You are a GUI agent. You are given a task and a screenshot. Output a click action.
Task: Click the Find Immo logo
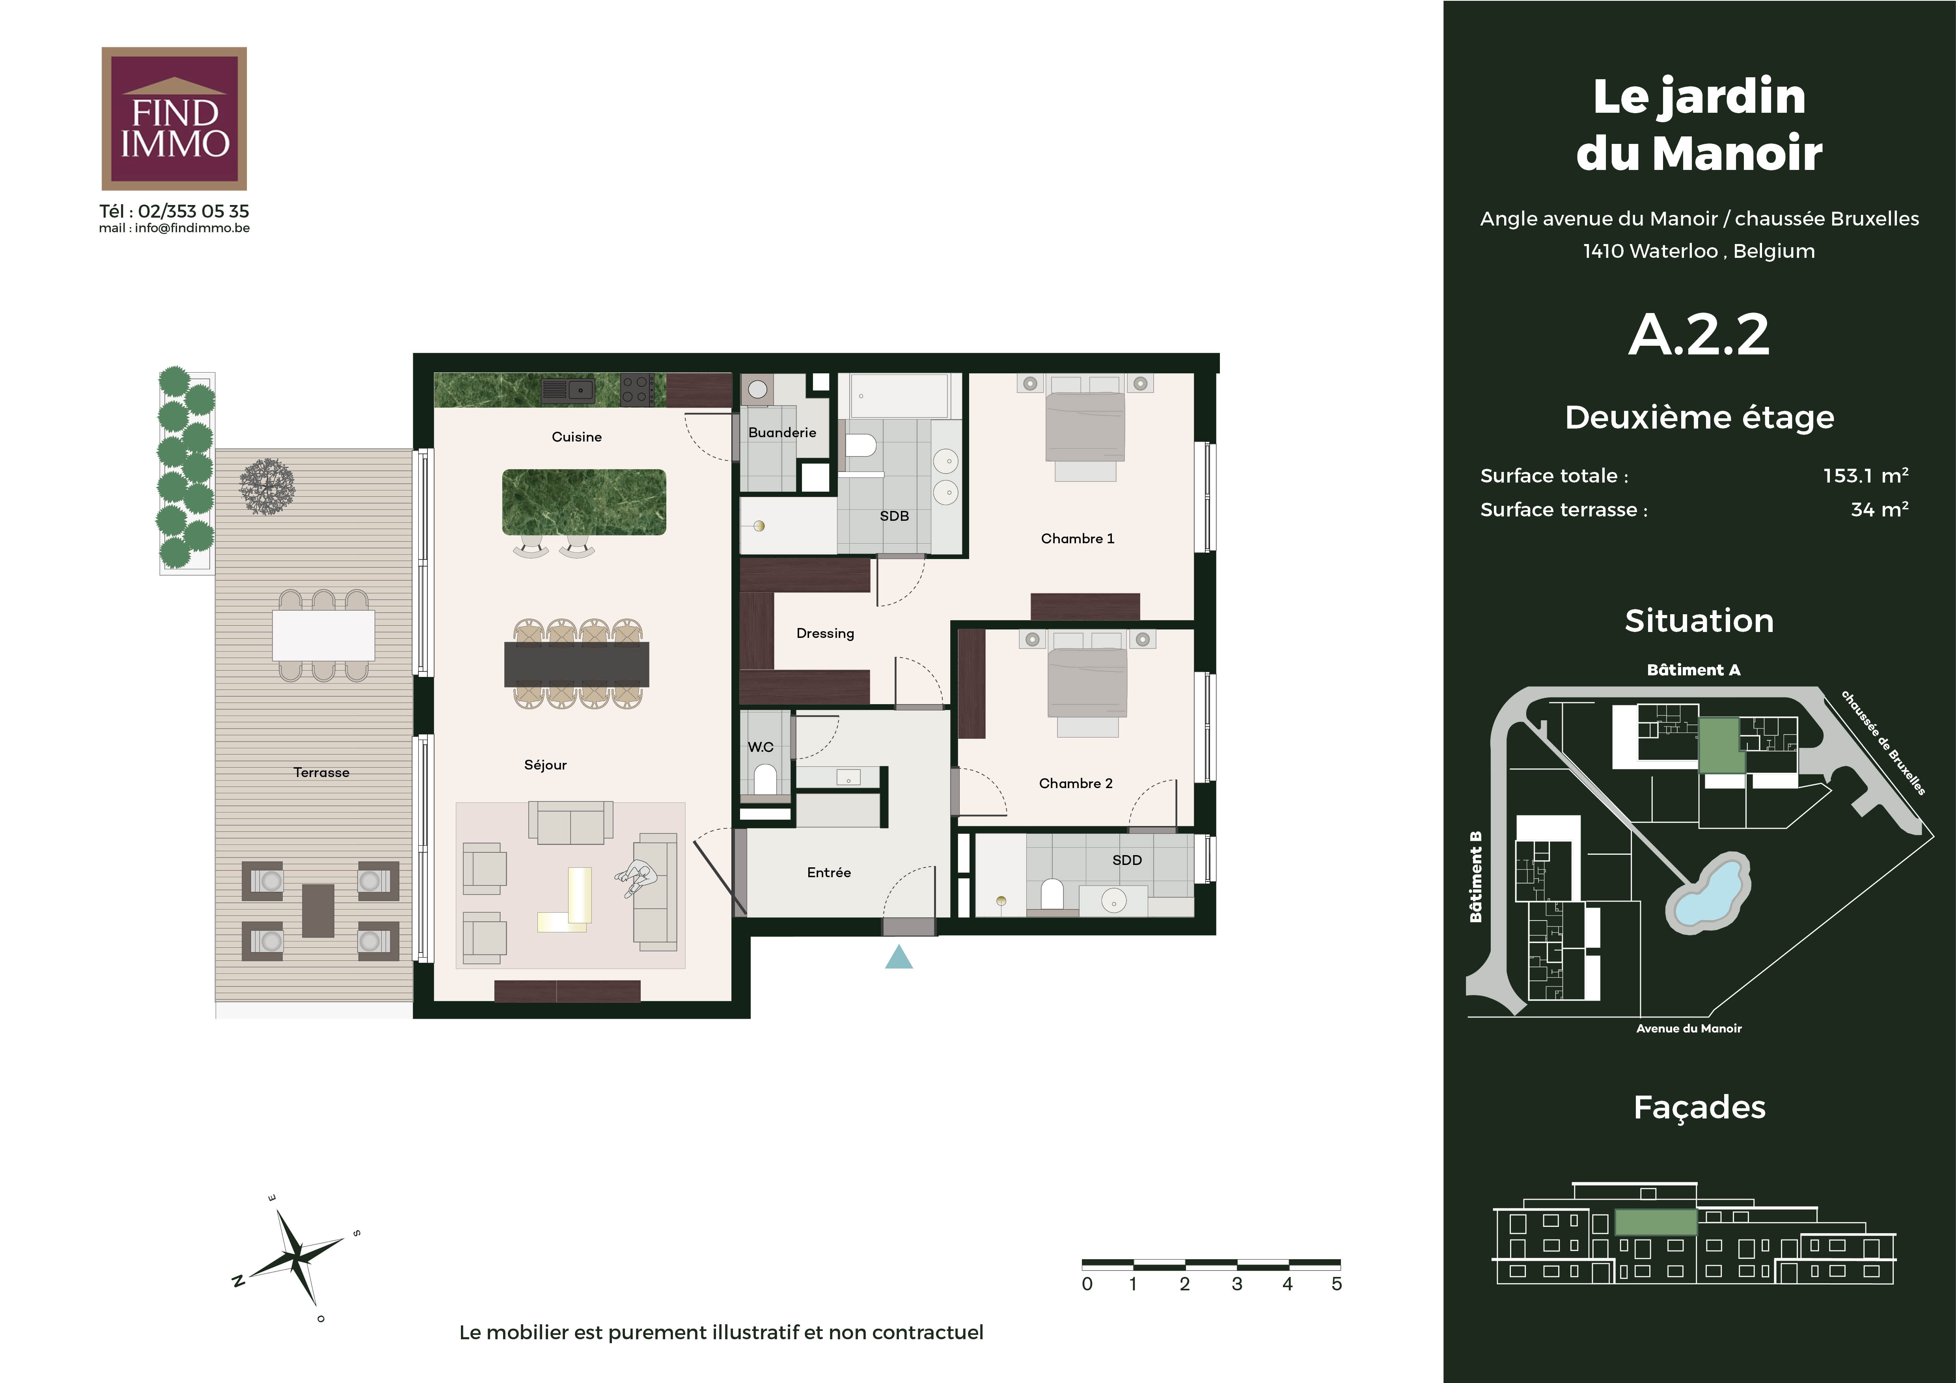coord(174,118)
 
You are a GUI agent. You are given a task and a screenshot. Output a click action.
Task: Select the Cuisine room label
coord(577,437)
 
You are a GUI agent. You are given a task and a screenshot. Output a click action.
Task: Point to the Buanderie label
coord(782,432)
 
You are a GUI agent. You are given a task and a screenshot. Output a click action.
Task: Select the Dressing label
coord(825,634)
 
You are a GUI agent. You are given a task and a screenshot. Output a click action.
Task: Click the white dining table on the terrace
coord(324,635)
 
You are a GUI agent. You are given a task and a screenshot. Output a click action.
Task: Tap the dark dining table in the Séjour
coord(577,664)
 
